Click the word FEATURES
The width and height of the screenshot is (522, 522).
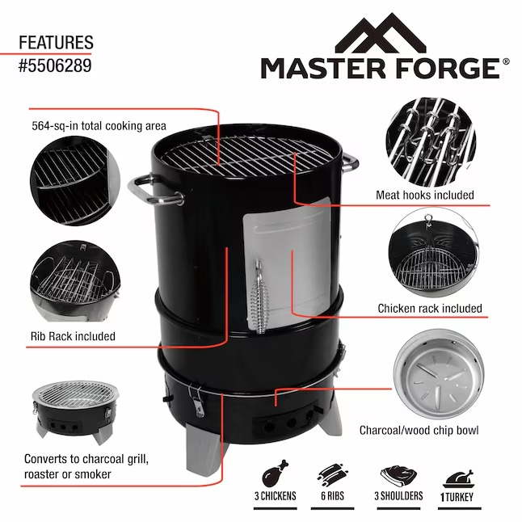56,42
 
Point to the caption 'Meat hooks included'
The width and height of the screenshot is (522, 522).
424,195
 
